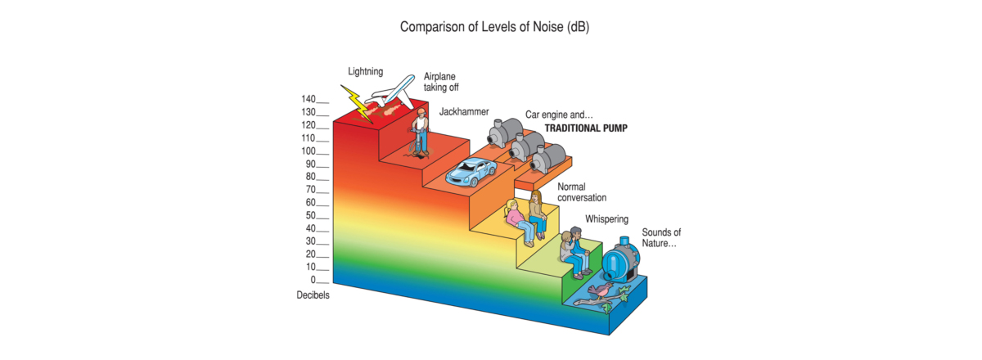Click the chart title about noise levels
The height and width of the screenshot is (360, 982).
click(494, 27)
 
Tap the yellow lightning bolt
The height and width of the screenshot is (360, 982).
click(358, 103)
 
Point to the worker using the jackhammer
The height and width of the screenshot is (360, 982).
click(420, 130)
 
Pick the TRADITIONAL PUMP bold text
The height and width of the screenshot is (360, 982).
click(586, 128)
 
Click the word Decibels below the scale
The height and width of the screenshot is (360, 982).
click(313, 295)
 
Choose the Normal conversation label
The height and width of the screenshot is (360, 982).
click(582, 192)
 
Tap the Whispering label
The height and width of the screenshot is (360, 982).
click(606, 219)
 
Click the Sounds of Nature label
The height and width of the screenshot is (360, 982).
click(661, 238)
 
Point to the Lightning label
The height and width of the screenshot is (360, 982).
click(365, 71)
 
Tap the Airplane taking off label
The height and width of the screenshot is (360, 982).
click(441, 82)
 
